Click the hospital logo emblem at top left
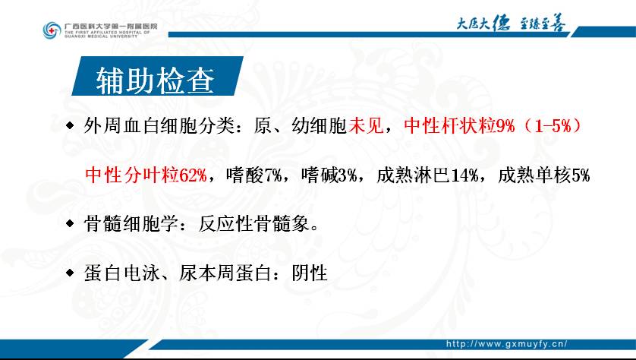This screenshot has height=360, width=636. tap(52, 30)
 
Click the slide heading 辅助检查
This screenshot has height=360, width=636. tap(156, 81)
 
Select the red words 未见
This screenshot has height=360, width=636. tap(366, 126)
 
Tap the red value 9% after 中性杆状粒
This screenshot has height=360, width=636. tap(505, 126)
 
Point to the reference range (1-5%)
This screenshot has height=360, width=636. tap(553, 126)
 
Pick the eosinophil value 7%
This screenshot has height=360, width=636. tap(273, 175)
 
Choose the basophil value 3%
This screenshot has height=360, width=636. tap(348, 175)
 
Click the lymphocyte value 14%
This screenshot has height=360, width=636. tap(464, 175)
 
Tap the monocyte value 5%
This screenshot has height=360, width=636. tap(581, 175)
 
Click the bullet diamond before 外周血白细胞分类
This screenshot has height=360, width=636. tap(70, 126)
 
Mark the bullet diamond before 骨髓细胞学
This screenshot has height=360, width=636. tap(70, 223)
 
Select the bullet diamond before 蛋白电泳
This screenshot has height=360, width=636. tap(70, 273)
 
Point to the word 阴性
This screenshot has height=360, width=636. tap(310, 273)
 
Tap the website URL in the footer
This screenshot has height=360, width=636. tap(507, 344)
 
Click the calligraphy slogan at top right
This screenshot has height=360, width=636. tap(511, 24)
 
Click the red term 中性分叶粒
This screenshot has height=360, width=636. tap(132, 175)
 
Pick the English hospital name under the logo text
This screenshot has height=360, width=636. tap(107, 34)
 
